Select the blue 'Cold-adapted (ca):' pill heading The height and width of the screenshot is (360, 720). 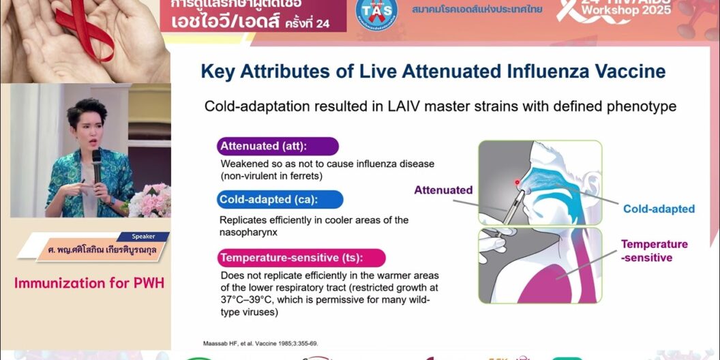(x=280, y=200)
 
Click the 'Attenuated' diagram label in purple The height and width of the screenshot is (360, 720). (x=443, y=190)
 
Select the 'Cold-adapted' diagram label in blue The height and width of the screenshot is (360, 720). (x=659, y=209)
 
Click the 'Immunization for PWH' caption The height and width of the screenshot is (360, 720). (x=89, y=282)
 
